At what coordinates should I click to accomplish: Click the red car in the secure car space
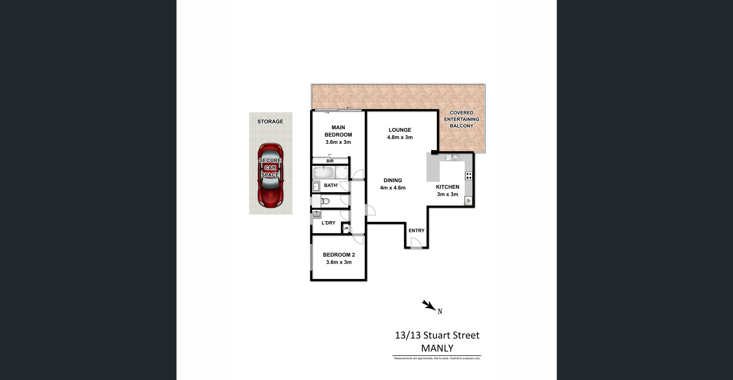click(270, 175)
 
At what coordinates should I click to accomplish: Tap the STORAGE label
click(270, 122)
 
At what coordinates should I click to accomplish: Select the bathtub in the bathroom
click(323, 173)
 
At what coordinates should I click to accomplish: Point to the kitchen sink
click(452, 157)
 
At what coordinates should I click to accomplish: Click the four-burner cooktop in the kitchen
click(469, 176)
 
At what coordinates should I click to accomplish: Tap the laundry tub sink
click(317, 214)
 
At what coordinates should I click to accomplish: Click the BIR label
click(330, 161)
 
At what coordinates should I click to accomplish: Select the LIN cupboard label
click(345, 228)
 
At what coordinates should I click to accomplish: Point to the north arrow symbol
click(429, 305)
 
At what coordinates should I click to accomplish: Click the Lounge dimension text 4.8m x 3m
click(400, 137)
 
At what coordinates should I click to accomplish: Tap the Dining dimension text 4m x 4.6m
click(393, 188)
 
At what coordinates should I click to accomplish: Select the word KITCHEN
click(447, 187)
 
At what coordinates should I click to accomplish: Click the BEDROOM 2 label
click(339, 255)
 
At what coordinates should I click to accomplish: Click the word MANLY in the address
click(437, 348)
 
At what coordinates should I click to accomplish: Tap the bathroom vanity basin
click(316, 187)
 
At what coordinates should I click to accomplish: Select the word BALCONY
click(461, 126)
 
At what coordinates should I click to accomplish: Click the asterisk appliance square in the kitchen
click(468, 200)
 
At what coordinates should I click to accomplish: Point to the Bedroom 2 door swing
click(358, 239)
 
